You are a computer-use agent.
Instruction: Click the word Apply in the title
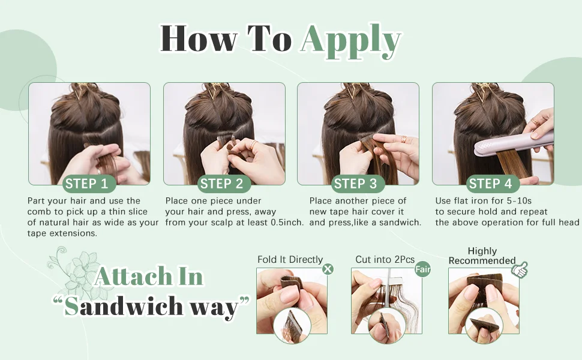(x=351, y=41)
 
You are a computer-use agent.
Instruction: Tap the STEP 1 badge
(x=86, y=184)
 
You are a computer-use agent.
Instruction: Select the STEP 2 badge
(x=221, y=184)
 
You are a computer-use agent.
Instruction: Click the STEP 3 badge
(x=355, y=184)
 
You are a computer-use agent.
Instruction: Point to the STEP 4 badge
(x=490, y=184)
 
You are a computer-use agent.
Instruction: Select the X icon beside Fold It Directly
(x=328, y=269)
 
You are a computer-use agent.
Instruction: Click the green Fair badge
(x=423, y=269)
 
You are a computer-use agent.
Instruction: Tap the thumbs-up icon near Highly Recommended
(x=520, y=269)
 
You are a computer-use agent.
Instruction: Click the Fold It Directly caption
(x=290, y=259)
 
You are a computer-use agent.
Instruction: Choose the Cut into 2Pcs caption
(x=385, y=259)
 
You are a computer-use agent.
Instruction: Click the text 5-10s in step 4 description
(x=519, y=201)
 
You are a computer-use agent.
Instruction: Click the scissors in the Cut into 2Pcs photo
(x=388, y=293)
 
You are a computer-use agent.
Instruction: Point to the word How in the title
(x=199, y=38)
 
